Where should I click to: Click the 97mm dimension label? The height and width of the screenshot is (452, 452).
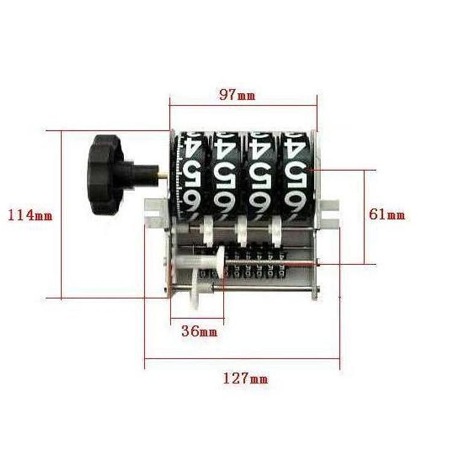point(237,95)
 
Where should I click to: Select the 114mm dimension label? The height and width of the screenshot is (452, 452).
point(30,215)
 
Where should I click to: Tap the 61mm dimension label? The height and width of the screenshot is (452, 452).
point(387,214)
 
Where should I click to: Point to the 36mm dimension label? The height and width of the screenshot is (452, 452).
point(199,331)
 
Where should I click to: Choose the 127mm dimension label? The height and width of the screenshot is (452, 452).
point(246,378)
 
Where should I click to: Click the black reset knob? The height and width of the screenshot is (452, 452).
point(106,175)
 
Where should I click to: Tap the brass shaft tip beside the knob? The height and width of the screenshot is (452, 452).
point(163,174)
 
